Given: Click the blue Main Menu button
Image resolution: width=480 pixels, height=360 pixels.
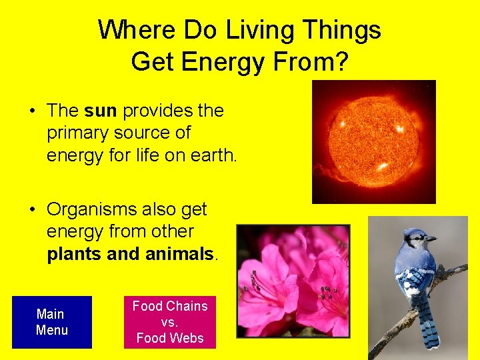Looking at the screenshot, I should click(x=51, y=322).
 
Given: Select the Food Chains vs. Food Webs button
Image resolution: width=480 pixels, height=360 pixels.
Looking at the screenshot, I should click(x=170, y=322).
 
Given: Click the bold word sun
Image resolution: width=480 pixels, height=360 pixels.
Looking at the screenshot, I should click(x=101, y=111).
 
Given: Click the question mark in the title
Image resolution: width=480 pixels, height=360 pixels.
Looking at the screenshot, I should click(x=341, y=61).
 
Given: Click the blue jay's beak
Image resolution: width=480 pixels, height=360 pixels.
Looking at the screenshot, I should click(x=431, y=238).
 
